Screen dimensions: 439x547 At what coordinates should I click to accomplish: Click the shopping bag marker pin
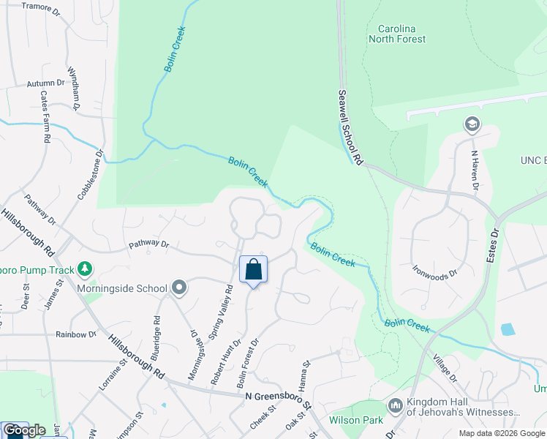tap(253, 269)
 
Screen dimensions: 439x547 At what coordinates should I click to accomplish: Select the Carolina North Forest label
tap(397, 34)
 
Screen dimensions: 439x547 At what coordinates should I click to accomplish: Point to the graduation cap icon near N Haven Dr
tap(472, 124)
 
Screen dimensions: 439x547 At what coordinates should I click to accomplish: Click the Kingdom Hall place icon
tap(395, 405)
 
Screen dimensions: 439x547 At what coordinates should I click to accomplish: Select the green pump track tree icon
tap(86, 269)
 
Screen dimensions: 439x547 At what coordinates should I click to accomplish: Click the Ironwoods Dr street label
tap(434, 271)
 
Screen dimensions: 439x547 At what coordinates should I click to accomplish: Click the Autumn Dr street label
tap(46, 84)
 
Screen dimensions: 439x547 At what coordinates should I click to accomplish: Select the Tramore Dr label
tap(41, 6)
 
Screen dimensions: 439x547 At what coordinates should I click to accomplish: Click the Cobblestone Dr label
tap(89, 175)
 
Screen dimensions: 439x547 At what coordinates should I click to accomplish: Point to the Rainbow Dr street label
tap(76, 334)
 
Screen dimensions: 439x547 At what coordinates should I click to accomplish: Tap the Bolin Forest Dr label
tap(248, 363)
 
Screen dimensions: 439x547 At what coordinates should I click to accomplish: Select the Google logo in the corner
tap(24, 430)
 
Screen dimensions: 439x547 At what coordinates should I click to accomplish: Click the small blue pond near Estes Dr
tap(508, 329)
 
